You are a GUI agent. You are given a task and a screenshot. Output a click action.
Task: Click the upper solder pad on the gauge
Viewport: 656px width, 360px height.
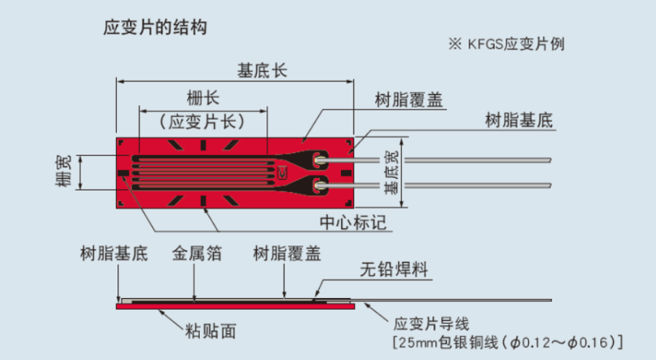pyautogui.click(x=319, y=162)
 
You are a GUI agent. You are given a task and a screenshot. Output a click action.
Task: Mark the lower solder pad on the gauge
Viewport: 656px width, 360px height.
pyautogui.click(x=319, y=186)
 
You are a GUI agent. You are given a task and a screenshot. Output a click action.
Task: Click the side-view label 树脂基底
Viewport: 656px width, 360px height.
pyautogui.click(x=114, y=254)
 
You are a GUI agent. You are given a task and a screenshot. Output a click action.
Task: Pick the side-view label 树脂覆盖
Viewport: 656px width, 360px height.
pyautogui.click(x=287, y=254)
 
